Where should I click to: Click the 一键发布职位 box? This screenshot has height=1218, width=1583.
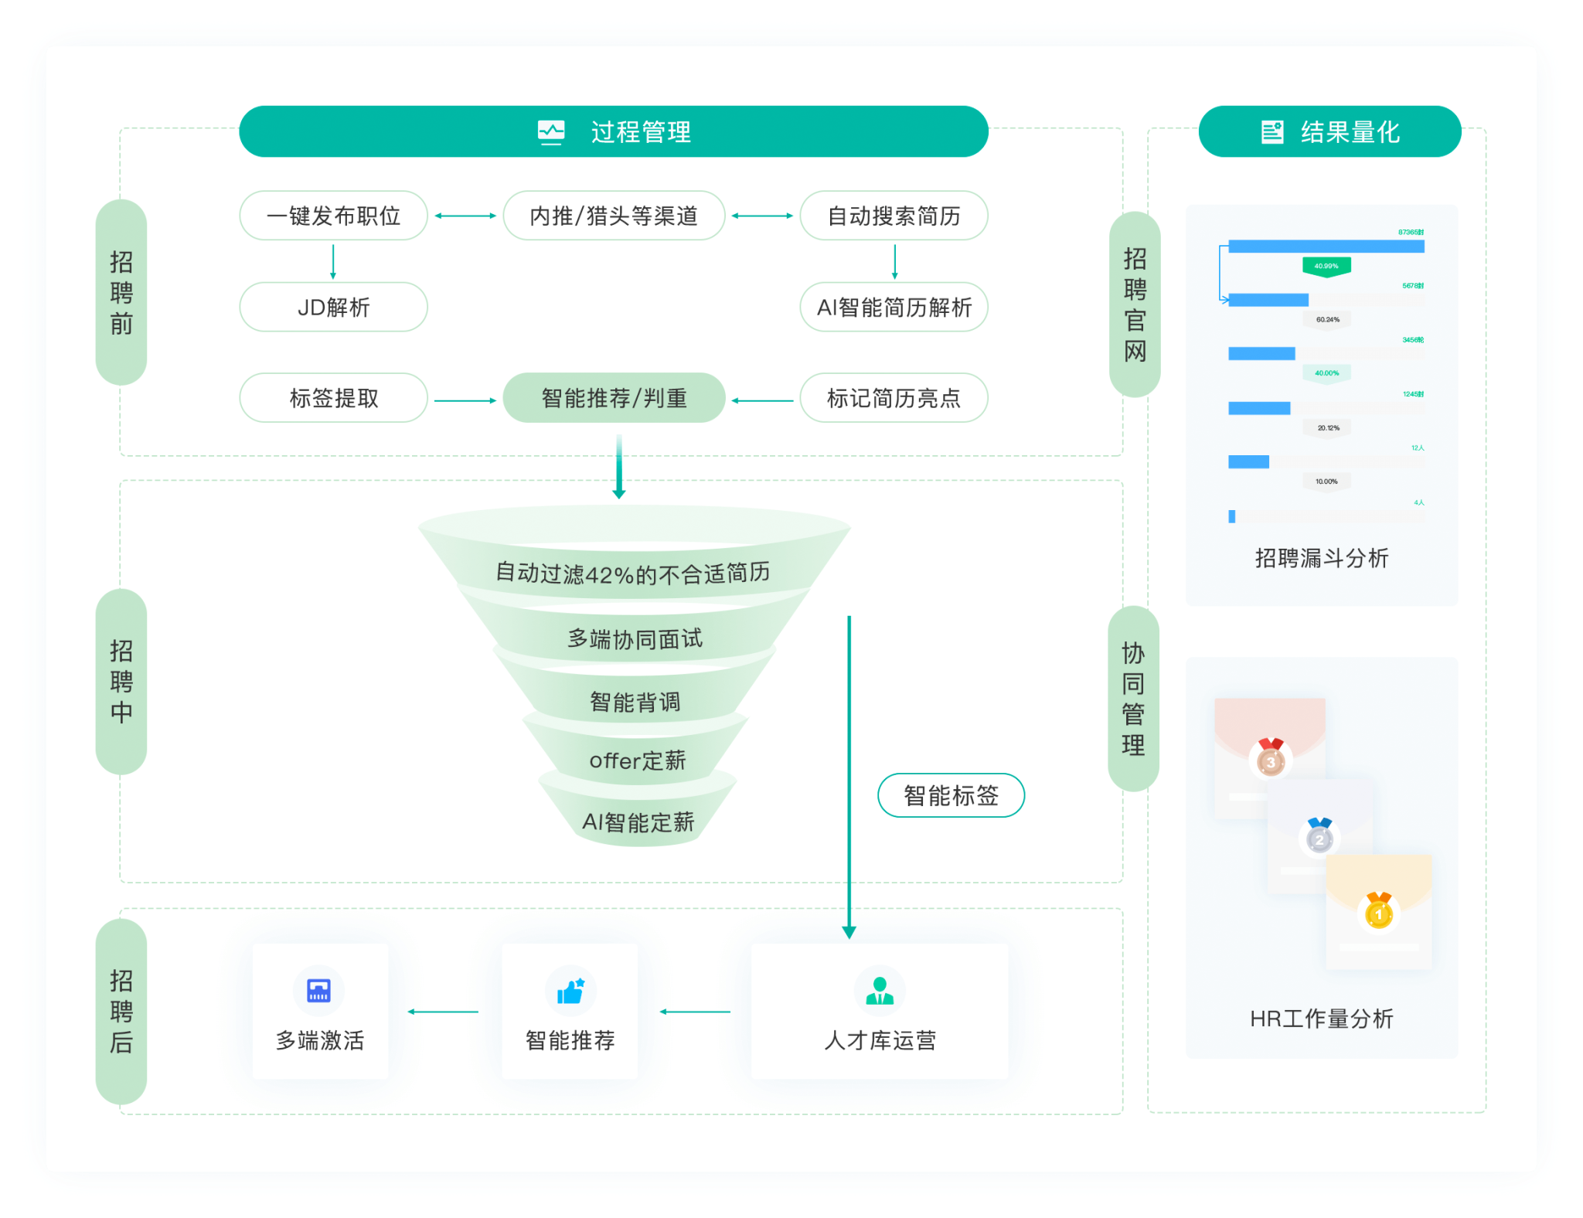(x=333, y=216)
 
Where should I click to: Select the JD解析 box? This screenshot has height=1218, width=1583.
(x=333, y=307)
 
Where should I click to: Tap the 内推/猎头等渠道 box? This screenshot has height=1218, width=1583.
(x=614, y=216)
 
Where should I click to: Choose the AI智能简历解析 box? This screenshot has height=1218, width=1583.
(x=894, y=307)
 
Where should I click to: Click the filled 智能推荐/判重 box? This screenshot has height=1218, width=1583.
(x=614, y=398)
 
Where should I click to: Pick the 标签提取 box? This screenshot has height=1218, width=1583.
(x=333, y=398)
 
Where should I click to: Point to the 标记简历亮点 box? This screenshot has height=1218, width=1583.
(x=894, y=398)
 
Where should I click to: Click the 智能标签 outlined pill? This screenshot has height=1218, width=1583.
(x=951, y=795)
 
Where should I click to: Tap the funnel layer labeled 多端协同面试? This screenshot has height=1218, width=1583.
(x=635, y=638)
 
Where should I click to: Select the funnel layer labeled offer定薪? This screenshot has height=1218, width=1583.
(x=637, y=760)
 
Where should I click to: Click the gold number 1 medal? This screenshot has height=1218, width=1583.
(x=1378, y=913)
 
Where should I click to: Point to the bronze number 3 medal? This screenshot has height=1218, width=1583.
(x=1270, y=759)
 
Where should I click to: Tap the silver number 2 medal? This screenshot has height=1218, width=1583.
(x=1319, y=838)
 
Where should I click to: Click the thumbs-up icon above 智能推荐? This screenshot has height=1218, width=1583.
(x=570, y=990)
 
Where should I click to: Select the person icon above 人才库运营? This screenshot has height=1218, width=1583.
(x=880, y=990)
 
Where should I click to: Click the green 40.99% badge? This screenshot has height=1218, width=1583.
(x=1326, y=266)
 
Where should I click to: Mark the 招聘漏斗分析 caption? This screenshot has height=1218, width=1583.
(x=1322, y=558)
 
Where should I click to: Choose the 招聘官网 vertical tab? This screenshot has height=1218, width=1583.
(x=1135, y=304)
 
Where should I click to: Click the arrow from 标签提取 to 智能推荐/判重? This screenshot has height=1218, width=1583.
(x=465, y=400)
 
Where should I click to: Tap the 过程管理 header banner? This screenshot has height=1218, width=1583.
(x=614, y=132)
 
